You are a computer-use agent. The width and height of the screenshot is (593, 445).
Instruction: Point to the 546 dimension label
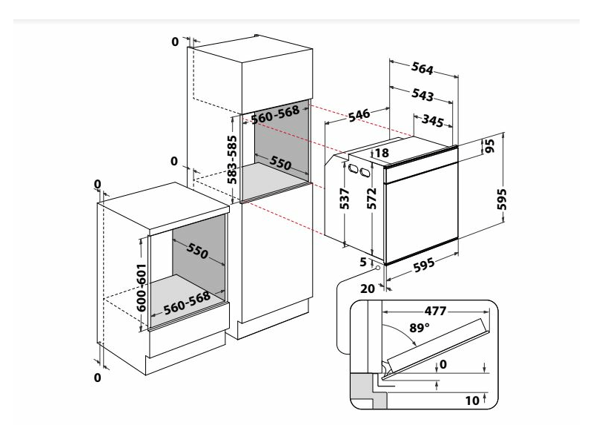(359, 115)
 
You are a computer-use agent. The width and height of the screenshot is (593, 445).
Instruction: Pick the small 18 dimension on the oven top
(382, 154)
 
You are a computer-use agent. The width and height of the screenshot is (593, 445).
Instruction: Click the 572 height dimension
(372, 200)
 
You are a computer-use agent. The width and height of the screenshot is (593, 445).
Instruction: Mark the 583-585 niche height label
(232, 159)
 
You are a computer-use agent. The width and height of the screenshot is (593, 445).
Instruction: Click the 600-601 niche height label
(141, 286)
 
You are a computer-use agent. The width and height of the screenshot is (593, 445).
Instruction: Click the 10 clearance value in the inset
(472, 400)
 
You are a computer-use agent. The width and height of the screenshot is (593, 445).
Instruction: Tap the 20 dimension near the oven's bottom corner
(365, 289)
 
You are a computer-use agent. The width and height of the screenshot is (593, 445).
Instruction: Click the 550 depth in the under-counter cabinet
(198, 253)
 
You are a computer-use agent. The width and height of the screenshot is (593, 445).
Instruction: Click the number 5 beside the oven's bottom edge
(363, 261)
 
